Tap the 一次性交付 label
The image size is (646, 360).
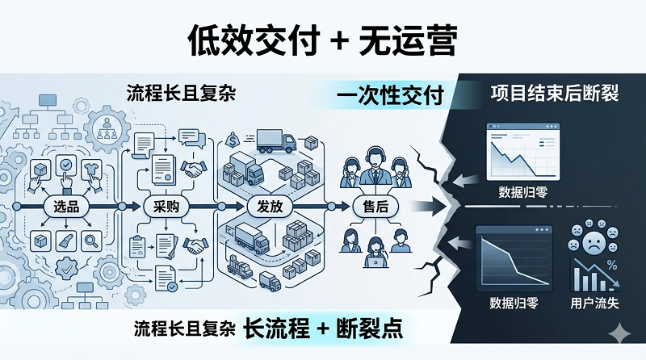(x=389, y=96)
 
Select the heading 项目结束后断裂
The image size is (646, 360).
(x=554, y=92)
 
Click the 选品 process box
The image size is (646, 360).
(x=66, y=206)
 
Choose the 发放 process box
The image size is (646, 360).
(x=266, y=206)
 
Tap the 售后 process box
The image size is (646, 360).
(x=371, y=206)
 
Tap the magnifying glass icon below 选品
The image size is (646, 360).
(x=91, y=238)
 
